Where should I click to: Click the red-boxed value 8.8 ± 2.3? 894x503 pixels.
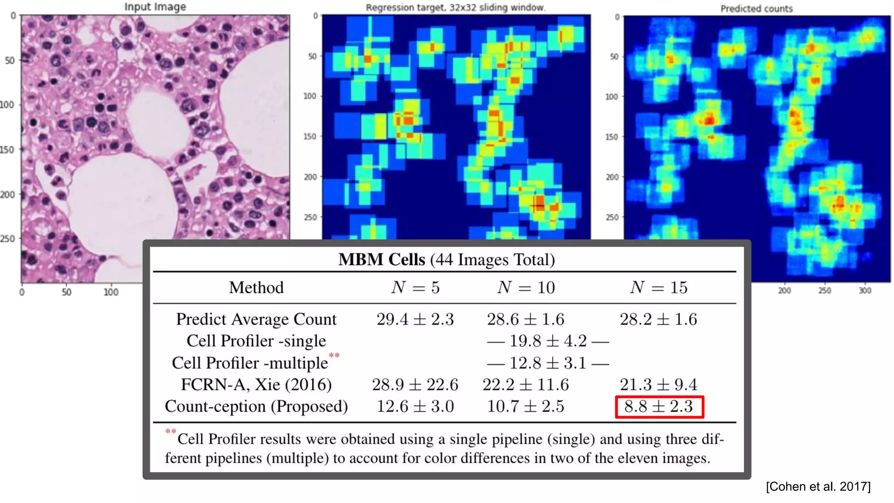(x=659, y=407)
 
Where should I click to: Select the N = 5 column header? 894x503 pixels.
(x=415, y=287)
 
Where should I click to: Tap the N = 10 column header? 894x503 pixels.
(x=526, y=287)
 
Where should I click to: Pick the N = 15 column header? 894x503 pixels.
(x=659, y=287)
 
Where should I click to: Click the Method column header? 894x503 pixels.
(x=256, y=287)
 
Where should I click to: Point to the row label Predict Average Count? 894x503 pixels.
(x=256, y=319)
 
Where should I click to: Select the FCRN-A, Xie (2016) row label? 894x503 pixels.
(x=256, y=385)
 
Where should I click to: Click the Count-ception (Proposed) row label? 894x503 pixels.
(x=256, y=407)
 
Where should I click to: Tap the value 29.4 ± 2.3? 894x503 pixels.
(x=415, y=319)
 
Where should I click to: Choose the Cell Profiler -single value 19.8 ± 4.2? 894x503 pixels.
(x=548, y=341)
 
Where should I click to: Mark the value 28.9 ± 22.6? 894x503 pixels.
(x=415, y=385)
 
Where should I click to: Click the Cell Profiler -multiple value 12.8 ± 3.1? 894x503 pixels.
(x=548, y=363)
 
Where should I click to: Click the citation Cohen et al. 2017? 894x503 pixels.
(x=818, y=486)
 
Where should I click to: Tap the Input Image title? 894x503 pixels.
(x=155, y=7)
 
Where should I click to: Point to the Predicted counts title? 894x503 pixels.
(x=756, y=8)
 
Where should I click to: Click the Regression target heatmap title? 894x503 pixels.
(x=455, y=7)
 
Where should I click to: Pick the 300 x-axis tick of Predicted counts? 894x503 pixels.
(x=865, y=291)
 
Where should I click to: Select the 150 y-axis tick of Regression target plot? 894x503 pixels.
(x=309, y=136)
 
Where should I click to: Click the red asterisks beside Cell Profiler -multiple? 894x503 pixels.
(x=334, y=355)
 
